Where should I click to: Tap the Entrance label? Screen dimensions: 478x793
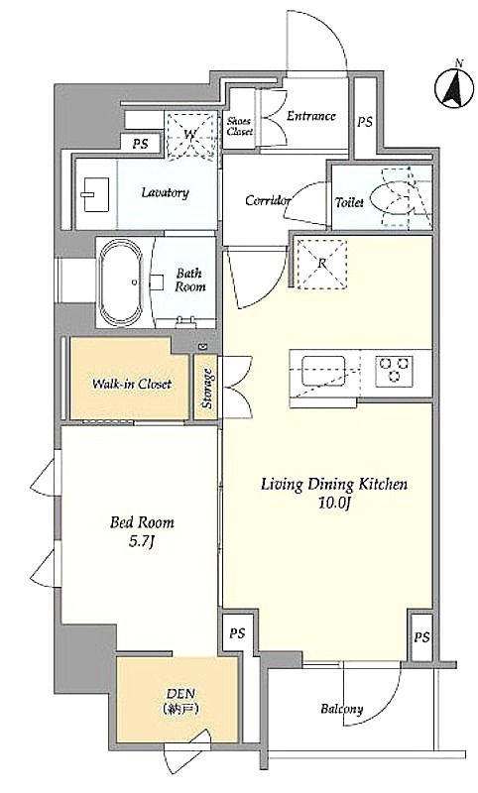pos(311,116)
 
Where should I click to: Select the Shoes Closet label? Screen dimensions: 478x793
pos(239,126)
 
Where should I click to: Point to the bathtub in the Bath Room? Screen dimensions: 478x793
pos(120,283)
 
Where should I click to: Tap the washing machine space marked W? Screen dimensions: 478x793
pos(191,135)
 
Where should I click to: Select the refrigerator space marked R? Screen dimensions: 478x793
pos(321,264)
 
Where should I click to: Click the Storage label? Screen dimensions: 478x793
pos(207,389)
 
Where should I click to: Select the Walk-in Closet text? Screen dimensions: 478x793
pos(132,384)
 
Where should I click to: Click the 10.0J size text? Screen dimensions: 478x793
pos(334,505)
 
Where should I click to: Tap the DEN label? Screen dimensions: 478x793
pos(181,693)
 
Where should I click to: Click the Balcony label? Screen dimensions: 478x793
pos(342,709)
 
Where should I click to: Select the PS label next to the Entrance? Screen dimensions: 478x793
pos(365,122)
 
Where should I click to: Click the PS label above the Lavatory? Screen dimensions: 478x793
pos(141,144)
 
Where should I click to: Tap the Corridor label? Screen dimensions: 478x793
pos(268,200)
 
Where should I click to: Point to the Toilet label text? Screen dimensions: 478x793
pos(349,203)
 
